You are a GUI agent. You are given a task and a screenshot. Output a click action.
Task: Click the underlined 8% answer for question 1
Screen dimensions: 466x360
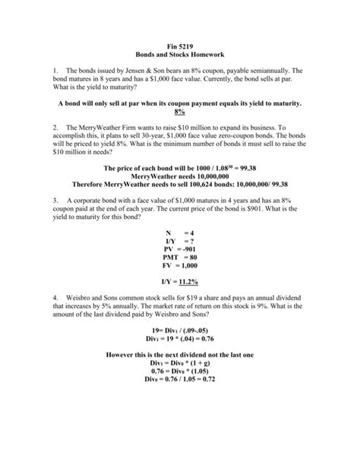(180, 112)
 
